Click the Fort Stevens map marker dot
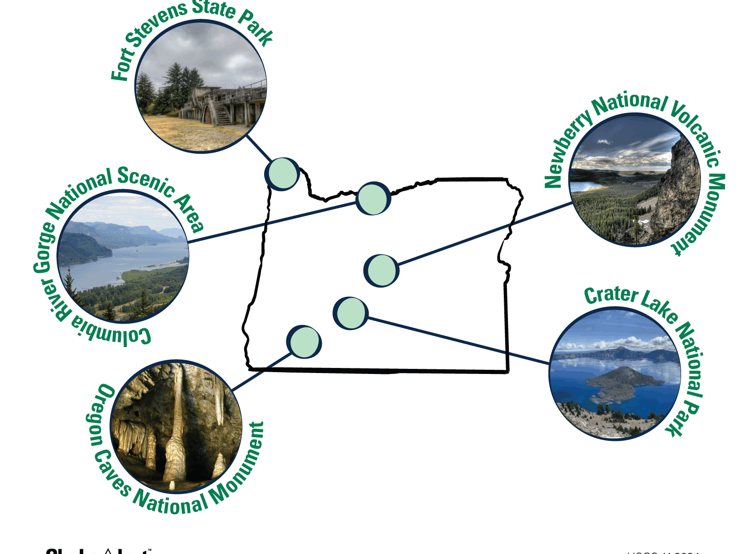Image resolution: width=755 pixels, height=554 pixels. tap(283, 174)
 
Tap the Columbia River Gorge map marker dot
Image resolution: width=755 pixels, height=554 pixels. tap(373, 199)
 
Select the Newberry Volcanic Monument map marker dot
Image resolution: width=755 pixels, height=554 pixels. tap(382, 271)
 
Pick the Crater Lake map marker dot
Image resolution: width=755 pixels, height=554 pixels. tap(351, 313)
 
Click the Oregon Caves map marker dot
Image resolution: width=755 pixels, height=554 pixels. tap(304, 342)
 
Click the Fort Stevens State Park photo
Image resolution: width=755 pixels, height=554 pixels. tap(201, 86)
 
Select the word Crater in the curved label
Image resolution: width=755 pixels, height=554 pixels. tap(611, 295)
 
